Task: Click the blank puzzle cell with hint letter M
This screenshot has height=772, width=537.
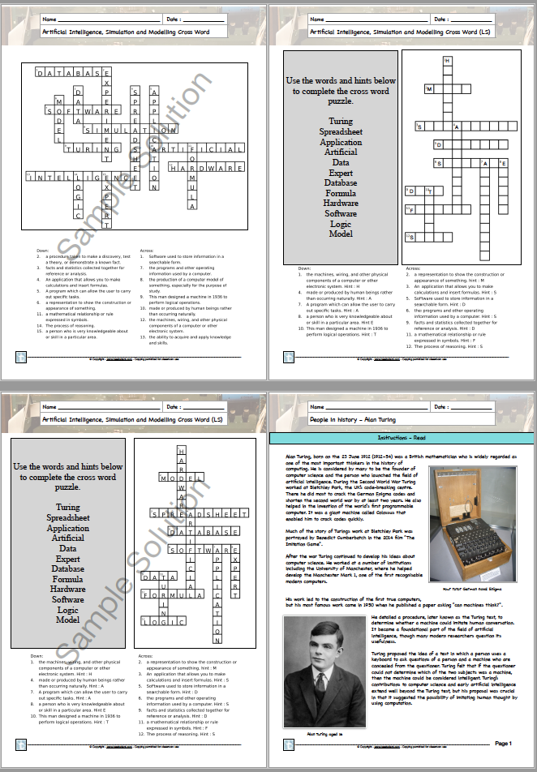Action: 428,89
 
